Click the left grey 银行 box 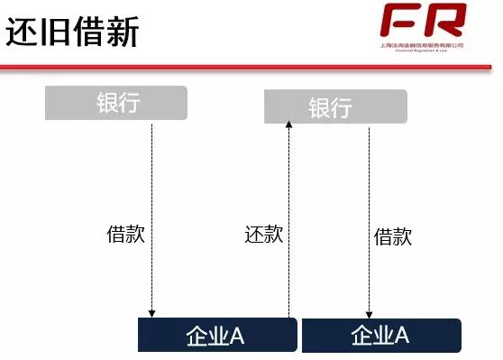[x=116, y=103]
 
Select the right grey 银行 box [x=334, y=108]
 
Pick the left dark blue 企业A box [x=217, y=335]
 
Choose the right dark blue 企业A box [x=381, y=335]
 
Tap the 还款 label [x=264, y=235]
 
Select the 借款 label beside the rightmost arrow [x=393, y=236]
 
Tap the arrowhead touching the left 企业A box [x=151, y=313]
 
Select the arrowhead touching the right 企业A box [x=369, y=313]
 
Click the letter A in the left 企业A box [x=237, y=335]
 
